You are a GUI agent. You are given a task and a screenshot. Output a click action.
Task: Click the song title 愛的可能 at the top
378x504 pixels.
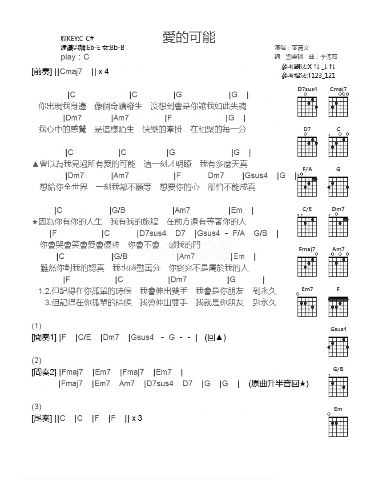(189, 38)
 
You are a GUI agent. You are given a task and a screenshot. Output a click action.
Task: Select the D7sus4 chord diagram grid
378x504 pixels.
(307, 107)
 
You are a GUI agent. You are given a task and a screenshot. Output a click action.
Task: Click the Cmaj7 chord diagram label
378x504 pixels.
(338, 89)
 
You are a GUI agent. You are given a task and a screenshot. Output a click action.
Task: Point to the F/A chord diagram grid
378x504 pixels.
(307, 187)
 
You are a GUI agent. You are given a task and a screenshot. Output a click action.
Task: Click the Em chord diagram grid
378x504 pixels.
(338, 427)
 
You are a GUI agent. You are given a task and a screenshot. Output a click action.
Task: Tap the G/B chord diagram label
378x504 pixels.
(338, 369)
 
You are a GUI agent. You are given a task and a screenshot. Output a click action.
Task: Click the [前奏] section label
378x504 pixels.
(42, 72)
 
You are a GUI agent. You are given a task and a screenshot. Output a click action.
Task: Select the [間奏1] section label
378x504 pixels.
(44, 338)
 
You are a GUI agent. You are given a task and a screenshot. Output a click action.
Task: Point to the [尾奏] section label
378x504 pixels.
(42, 418)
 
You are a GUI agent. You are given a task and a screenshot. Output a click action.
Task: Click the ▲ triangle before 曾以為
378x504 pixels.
(36, 164)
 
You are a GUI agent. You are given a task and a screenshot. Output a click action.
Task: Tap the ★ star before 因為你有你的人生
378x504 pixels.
(35, 222)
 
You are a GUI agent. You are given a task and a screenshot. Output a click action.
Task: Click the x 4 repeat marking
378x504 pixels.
(103, 72)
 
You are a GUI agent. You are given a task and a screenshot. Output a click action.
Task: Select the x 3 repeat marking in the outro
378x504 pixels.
(137, 418)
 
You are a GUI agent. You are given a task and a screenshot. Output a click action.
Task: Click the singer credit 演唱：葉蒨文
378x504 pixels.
(292, 48)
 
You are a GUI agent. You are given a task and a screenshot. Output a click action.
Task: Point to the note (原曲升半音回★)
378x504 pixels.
(279, 384)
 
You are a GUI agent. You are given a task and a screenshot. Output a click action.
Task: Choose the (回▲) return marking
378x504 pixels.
(216, 338)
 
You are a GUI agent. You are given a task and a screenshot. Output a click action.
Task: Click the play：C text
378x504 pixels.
(75, 57)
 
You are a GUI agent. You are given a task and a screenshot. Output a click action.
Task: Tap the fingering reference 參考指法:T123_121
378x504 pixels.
(308, 76)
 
